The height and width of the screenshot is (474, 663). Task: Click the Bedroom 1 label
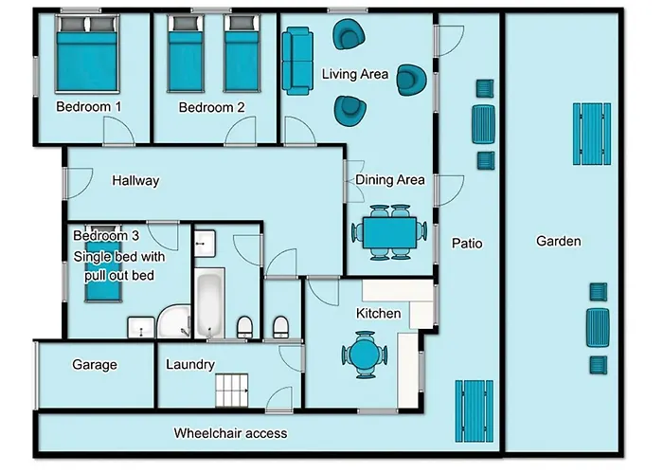click(x=88, y=107)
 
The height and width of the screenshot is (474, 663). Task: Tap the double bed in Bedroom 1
click(x=87, y=56)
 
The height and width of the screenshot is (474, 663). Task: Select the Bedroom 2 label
click(x=212, y=107)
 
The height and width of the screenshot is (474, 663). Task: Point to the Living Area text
click(x=355, y=75)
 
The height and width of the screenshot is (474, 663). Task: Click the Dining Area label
click(x=389, y=179)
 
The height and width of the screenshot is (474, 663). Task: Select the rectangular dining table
click(x=388, y=231)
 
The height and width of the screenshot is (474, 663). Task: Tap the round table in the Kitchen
click(x=364, y=355)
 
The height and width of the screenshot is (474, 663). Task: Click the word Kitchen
click(x=378, y=313)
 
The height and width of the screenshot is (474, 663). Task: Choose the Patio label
click(x=467, y=244)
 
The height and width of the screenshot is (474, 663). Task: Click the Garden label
click(x=558, y=241)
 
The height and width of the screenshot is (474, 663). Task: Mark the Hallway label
click(x=135, y=180)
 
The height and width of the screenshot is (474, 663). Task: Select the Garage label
click(x=95, y=364)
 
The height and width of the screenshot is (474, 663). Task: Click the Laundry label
click(x=189, y=364)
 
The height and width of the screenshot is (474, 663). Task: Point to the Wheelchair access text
click(x=230, y=433)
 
